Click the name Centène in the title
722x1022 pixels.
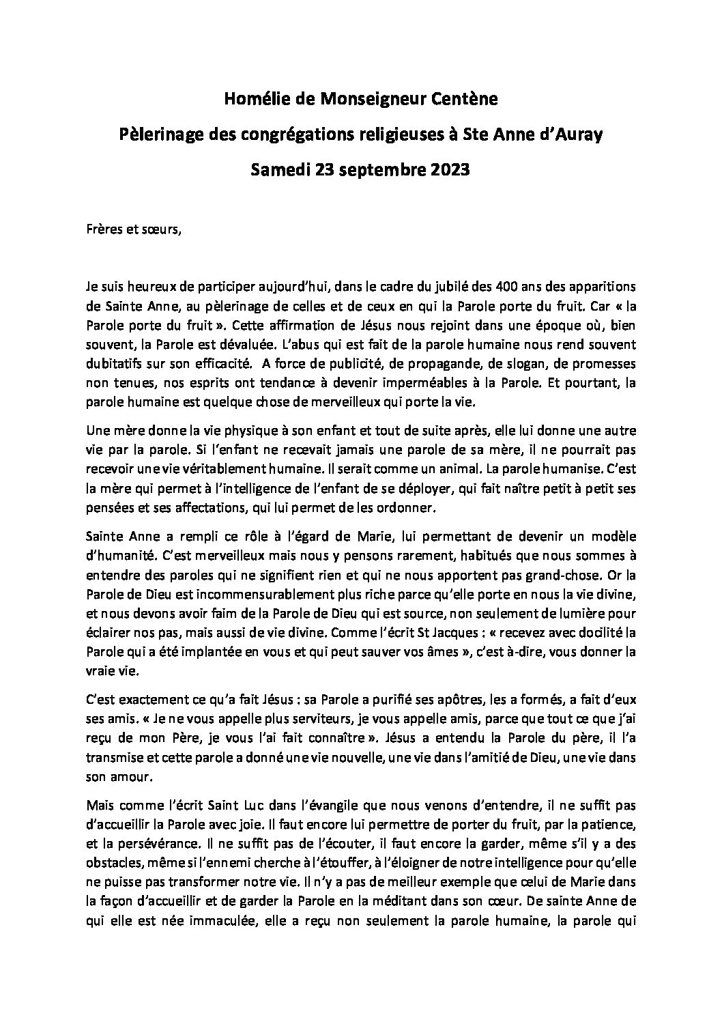pyautogui.click(x=466, y=100)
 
